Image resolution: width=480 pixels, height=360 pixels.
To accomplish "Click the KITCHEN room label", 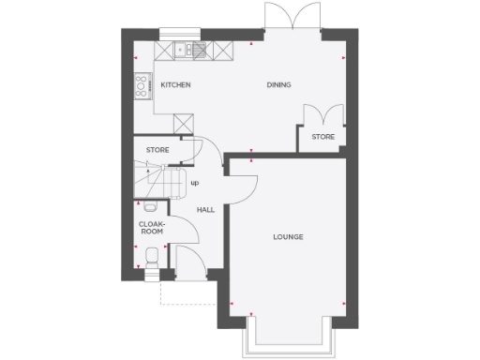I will coord(175,85).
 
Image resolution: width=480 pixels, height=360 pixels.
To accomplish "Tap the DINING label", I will coord(278,85).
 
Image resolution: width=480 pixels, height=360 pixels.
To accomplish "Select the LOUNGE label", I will coord(288,236).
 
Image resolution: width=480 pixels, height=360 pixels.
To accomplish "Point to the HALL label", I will coord(206,210).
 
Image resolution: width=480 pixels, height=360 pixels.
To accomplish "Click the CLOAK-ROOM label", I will coord(151,228).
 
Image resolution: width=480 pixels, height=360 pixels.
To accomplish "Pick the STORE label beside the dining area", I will coord(322,138).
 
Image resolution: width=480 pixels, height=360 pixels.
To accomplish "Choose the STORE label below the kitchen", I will coord(157,150).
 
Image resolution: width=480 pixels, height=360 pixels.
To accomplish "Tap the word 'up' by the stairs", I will coord(195,183).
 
